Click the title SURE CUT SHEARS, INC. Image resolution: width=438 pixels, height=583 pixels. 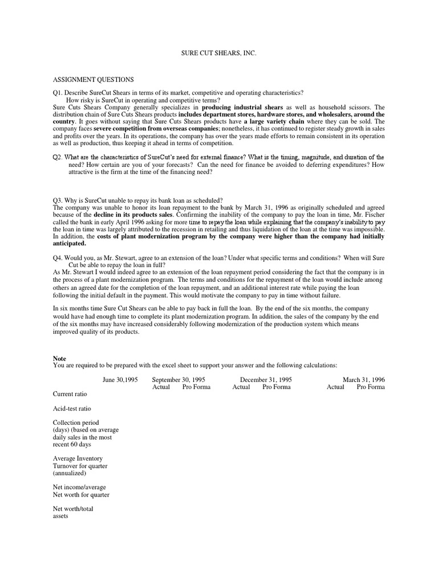tap(219, 53)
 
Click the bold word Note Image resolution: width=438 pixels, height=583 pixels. tap(59, 359)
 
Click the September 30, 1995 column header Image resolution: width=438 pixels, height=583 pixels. tap(179, 379)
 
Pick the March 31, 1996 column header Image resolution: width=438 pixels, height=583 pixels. tap(363, 379)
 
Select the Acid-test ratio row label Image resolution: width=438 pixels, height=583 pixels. tap(72, 408)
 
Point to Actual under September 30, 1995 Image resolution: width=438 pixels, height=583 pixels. tap(161, 387)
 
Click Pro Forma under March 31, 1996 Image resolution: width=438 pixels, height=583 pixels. tap(371, 387)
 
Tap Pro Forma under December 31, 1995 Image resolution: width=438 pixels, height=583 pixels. tap(277, 387)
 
